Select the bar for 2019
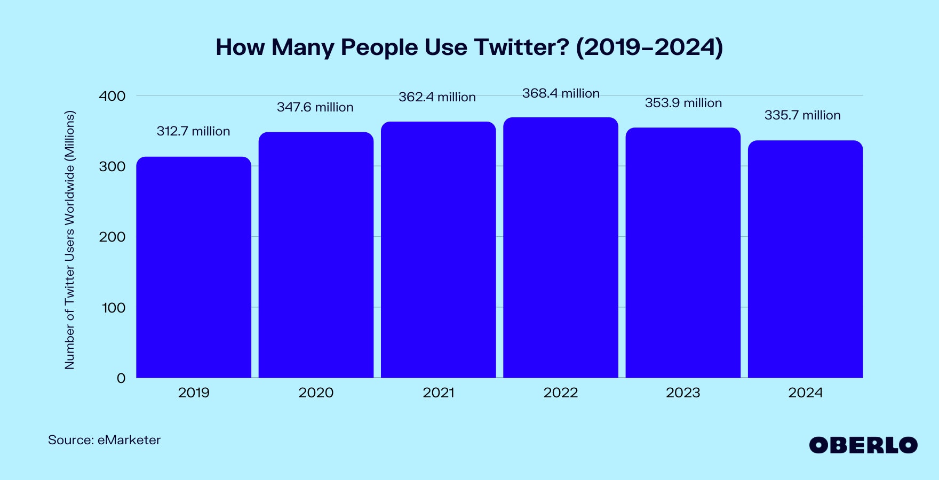[194, 267]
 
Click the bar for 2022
[561, 248]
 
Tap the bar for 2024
[805, 259]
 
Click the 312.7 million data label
[193, 131]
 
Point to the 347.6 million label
[315, 107]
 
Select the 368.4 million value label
[561, 93]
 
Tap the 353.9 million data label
[683, 103]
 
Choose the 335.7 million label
[802, 115]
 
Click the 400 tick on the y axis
[112, 96]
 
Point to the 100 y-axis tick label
[113, 308]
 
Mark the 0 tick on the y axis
[121, 378]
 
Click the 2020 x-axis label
[316, 393]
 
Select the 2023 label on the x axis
[683, 393]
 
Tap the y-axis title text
[70, 240]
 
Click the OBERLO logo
[863, 445]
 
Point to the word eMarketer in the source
[129, 440]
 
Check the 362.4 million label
[437, 97]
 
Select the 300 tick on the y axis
[112, 166]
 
